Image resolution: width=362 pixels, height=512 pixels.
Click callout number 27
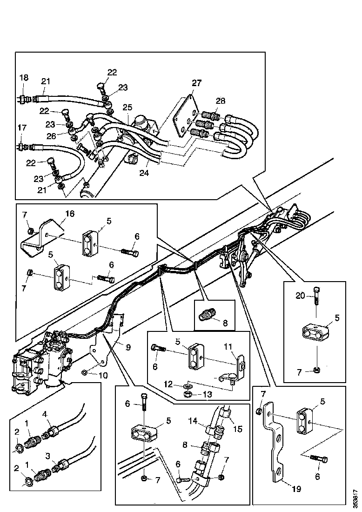[196, 83]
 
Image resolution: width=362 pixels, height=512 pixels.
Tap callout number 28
[220, 101]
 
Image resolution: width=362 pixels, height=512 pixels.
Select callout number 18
[23, 77]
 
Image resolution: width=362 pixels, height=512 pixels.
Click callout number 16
[69, 214]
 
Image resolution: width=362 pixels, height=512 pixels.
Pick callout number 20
[301, 295]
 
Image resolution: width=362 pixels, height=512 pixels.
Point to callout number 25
[127, 108]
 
